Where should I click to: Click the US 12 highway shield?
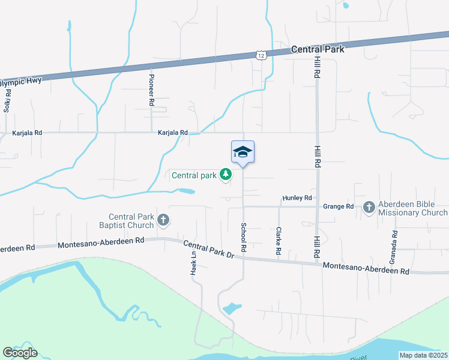pyautogui.click(x=261, y=55)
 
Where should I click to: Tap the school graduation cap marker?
pyautogui.click(x=243, y=152)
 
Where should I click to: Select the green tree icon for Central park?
pyautogui.click(x=226, y=175)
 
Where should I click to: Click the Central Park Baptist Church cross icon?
pyautogui.click(x=163, y=220)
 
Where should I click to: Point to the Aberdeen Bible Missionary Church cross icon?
pyautogui.click(x=369, y=208)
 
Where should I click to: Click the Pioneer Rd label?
pyautogui.click(x=152, y=91)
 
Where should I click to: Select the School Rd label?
pyautogui.click(x=244, y=238)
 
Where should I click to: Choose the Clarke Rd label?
pyautogui.click(x=279, y=241)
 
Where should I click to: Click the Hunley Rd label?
pyautogui.click(x=298, y=198)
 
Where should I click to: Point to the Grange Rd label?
pyautogui.click(x=338, y=206)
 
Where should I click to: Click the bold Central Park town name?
pyautogui.click(x=318, y=49)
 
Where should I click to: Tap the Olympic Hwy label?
pyautogui.click(x=20, y=81)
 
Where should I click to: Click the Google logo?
pyautogui.click(x=20, y=353)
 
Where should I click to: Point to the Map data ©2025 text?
pyautogui.click(x=423, y=355)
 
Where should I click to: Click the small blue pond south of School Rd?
pyautogui.click(x=231, y=309)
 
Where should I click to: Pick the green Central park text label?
pyautogui.click(x=193, y=176)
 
